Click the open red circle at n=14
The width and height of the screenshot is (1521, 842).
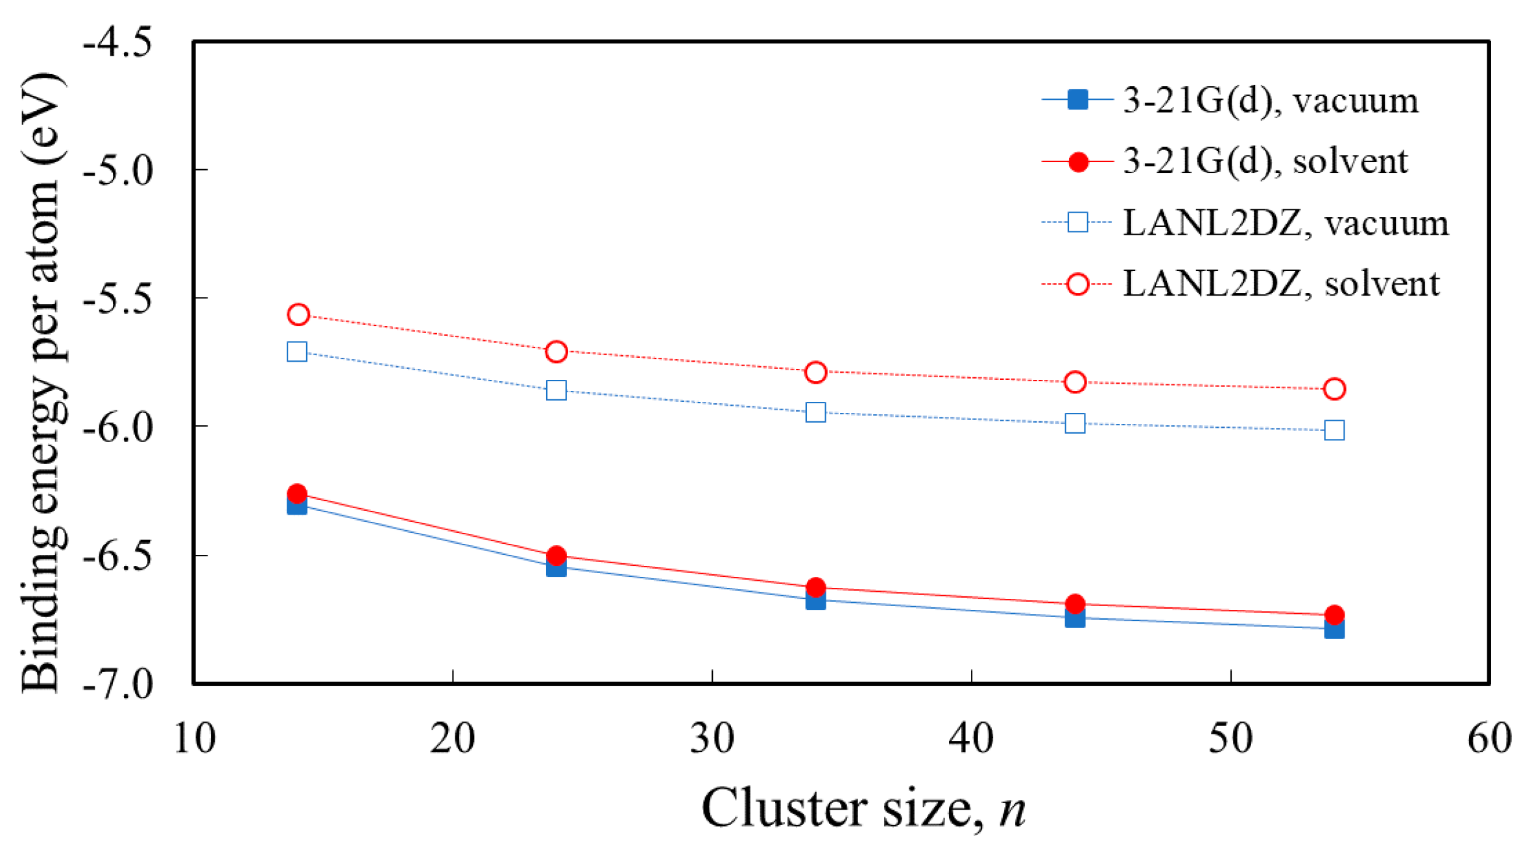pyautogui.click(x=298, y=314)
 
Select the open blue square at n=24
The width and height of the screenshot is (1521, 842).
pyautogui.click(x=557, y=390)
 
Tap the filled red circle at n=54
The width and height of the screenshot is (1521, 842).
pyautogui.click(x=1334, y=614)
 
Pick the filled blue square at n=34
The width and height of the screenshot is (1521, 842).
pyautogui.click(x=816, y=600)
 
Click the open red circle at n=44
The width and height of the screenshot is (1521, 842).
pyautogui.click(x=1075, y=382)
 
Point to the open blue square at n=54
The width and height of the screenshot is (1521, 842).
pyautogui.click(x=1334, y=430)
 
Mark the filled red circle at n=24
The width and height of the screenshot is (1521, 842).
pyautogui.click(x=557, y=555)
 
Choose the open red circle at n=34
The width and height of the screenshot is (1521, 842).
pyautogui.click(x=816, y=372)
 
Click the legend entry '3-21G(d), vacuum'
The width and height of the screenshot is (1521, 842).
pyautogui.click(x=1270, y=100)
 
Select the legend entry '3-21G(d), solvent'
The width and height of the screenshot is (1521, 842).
pyautogui.click(x=1265, y=161)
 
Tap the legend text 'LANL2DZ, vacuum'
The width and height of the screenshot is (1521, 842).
pyautogui.click(x=1286, y=223)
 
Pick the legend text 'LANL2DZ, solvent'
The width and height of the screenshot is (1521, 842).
pyautogui.click(x=1281, y=284)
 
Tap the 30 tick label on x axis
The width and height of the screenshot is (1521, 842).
pyautogui.click(x=712, y=738)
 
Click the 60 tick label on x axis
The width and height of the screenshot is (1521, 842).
pyautogui.click(x=1489, y=738)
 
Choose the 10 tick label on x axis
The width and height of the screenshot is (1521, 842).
pyautogui.click(x=194, y=738)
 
